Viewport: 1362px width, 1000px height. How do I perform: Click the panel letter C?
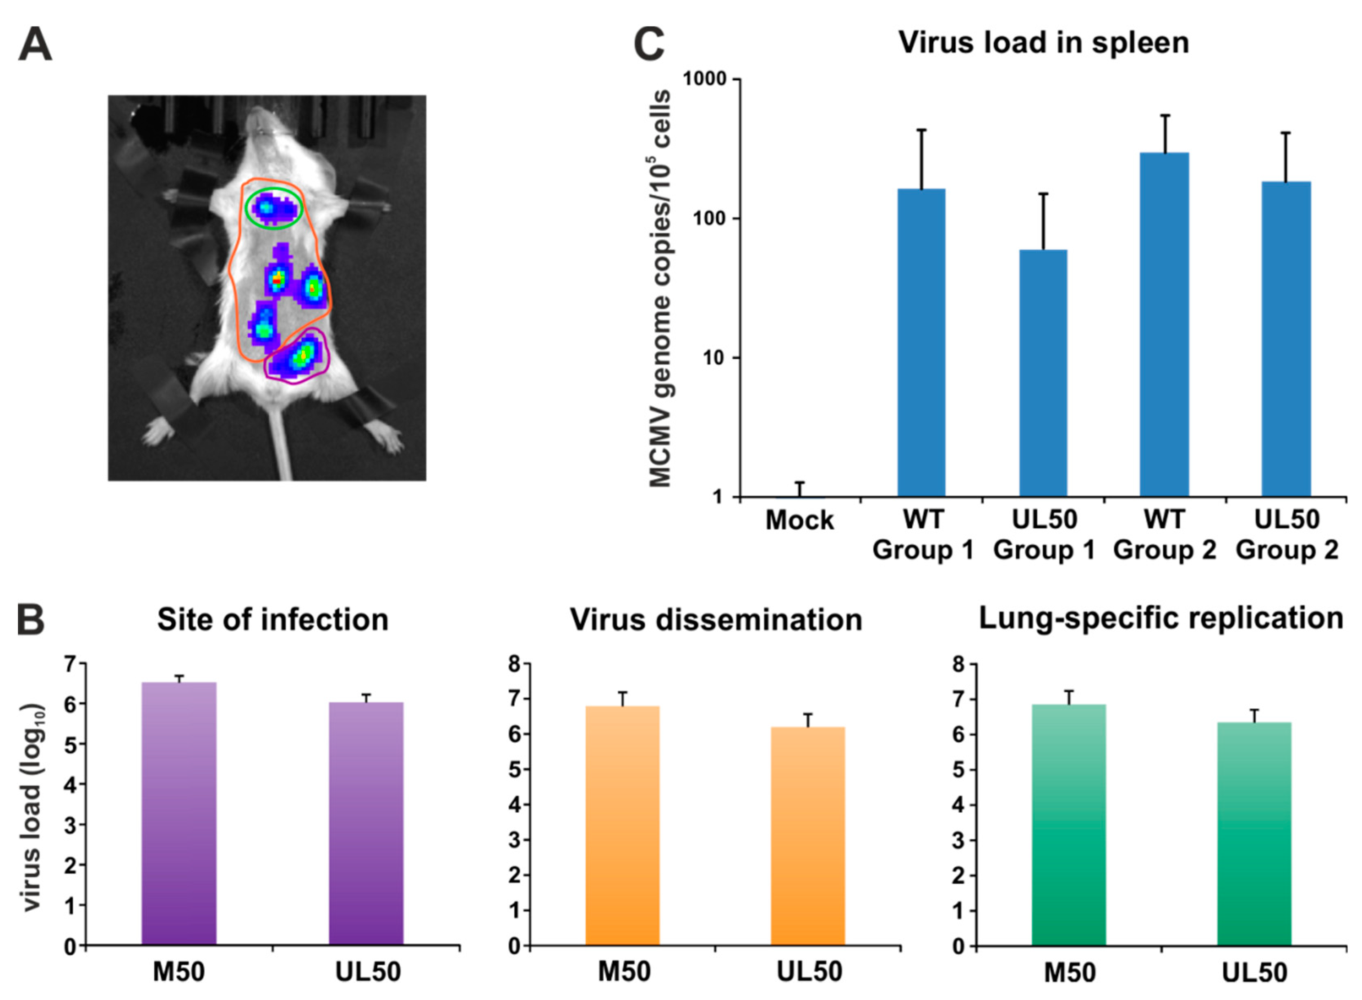(648, 45)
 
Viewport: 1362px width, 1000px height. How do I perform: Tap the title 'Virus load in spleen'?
(1043, 42)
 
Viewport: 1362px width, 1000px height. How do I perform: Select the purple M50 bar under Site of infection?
(179, 814)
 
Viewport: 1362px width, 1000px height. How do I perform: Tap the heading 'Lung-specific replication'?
(1160, 618)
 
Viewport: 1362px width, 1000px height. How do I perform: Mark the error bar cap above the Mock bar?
(799, 482)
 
